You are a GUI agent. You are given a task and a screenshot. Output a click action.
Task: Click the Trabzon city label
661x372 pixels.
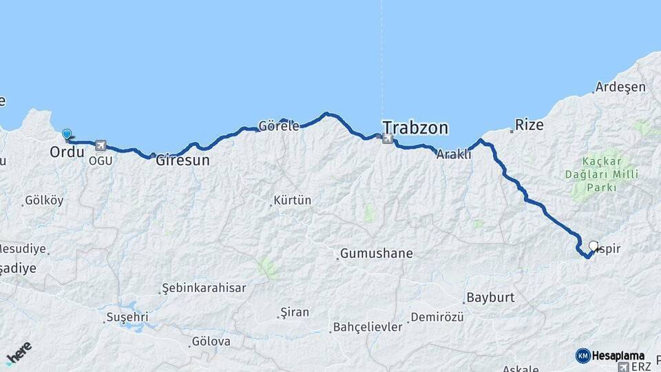(415, 127)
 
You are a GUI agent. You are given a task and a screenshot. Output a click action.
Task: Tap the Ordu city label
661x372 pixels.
(67, 151)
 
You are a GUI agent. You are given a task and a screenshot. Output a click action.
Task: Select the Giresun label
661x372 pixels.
(182, 161)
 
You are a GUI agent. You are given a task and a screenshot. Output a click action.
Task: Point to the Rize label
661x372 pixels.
(529, 125)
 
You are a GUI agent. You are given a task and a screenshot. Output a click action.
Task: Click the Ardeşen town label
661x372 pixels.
(620, 87)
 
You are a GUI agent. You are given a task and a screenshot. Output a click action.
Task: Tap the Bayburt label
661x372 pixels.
(490, 298)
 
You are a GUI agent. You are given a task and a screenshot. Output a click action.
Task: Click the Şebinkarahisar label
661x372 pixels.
(204, 288)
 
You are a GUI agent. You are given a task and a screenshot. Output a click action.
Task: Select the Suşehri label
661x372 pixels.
(127, 318)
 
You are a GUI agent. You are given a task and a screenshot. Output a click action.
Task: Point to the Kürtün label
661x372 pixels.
(293, 200)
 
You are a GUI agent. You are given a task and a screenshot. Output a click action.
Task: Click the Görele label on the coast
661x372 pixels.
(279, 126)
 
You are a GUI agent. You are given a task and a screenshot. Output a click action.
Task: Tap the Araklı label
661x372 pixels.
(454, 155)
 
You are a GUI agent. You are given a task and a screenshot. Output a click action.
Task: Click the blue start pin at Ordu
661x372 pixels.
(67, 134)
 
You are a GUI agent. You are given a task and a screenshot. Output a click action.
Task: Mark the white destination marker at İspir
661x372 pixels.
(594, 246)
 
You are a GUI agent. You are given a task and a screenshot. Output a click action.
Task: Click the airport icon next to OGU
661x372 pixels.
(102, 145)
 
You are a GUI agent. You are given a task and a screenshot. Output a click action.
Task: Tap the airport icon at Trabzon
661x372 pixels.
(388, 140)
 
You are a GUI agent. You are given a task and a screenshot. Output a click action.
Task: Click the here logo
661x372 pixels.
(19, 353)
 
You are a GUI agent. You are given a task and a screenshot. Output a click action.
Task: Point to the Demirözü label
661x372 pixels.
(437, 318)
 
